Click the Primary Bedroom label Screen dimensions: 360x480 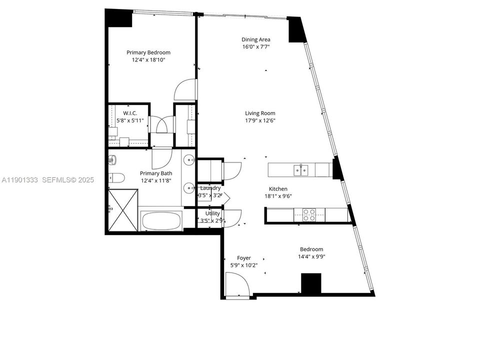(148, 52)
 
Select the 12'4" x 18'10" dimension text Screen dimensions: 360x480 (148, 60)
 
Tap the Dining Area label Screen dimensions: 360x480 (256, 39)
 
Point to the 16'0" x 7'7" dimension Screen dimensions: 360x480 (256, 47)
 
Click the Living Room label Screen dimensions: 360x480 (260, 113)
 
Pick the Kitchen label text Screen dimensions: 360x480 (278, 189)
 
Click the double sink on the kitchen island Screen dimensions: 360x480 (301, 170)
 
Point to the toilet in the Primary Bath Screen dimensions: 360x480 (114, 177)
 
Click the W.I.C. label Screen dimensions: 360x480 (123, 113)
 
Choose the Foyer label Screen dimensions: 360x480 (243, 258)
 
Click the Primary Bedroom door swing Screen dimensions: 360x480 (184, 90)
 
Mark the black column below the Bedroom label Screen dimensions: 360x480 (311, 283)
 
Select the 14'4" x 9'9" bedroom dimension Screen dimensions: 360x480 (311, 257)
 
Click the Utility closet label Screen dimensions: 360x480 (209, 213)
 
